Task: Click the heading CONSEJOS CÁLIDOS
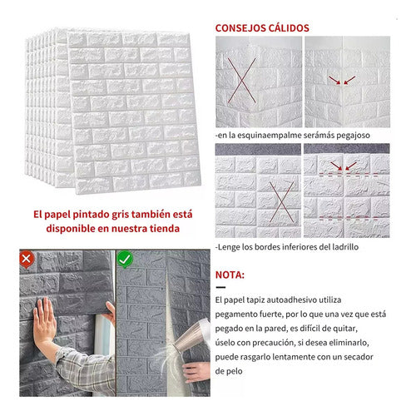click(x=262, y=28)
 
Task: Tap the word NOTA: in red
click(x=230, y=275)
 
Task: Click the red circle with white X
click(x=27, y=260)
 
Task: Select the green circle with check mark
click(x=125, y=260)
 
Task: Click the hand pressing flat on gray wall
click(x=44, y=319)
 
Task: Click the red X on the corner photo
click(x=242, y=81)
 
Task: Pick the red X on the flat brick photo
click(x=282, y=202)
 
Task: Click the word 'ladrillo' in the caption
click(x=345, y=247)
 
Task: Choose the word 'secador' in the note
click(x=359, y=357)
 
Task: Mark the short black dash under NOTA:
click(x=220, y=287)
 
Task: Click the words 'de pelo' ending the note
click(x=229, y=371)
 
